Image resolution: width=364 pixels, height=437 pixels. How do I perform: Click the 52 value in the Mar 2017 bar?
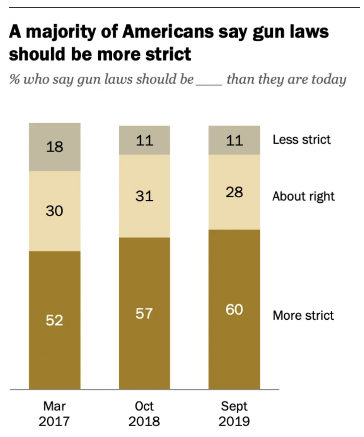click(55, 320)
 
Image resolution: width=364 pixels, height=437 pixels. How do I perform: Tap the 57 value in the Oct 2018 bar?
click(144, 314)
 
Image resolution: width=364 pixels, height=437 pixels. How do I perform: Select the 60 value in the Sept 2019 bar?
click(234, 309)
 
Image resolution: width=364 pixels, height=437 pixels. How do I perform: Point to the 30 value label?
click(55, 211)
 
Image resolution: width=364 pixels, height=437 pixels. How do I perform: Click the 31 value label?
click(144, 196)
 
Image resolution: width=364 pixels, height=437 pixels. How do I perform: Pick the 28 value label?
click(234, 192)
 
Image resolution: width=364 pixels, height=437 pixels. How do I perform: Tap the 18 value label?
click(55, 147)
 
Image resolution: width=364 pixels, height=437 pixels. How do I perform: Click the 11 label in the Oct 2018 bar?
click(144, 140)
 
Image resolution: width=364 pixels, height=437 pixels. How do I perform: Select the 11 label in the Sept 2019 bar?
click(234, 140)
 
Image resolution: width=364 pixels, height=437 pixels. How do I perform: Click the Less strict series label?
click(302, 140)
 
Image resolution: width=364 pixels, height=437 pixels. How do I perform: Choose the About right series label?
click(303, 196)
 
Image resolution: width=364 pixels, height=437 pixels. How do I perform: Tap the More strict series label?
click(303, 315)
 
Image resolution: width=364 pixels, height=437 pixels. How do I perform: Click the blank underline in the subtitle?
click(209, 80)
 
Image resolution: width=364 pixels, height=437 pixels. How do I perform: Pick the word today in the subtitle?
click(330, 79)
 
